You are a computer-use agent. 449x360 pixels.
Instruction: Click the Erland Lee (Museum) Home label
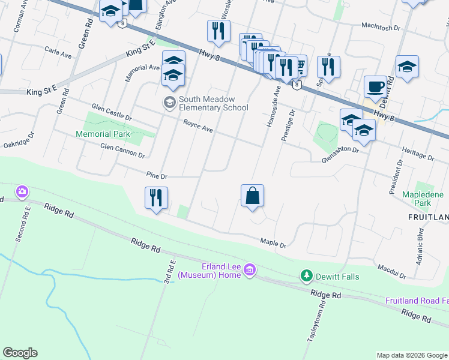click(209, 271)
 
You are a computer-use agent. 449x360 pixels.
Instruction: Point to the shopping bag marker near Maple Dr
click(253, 196)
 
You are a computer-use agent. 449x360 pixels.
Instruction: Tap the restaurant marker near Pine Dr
click(156, 199)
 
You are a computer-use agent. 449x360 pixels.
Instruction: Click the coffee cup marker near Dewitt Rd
click(376, 86)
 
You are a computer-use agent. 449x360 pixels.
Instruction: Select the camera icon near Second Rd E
click(22, 192)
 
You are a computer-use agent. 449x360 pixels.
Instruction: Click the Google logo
click(20, 353)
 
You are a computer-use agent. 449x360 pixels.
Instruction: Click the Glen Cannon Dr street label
click(122, 151)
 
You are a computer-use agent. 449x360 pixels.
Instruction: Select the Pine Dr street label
click(157, 175)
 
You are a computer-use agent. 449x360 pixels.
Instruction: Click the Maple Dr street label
click(273, 243)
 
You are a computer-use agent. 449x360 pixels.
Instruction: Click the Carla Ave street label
click(58, 53)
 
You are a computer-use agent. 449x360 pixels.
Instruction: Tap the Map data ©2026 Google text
click(411, 355)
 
